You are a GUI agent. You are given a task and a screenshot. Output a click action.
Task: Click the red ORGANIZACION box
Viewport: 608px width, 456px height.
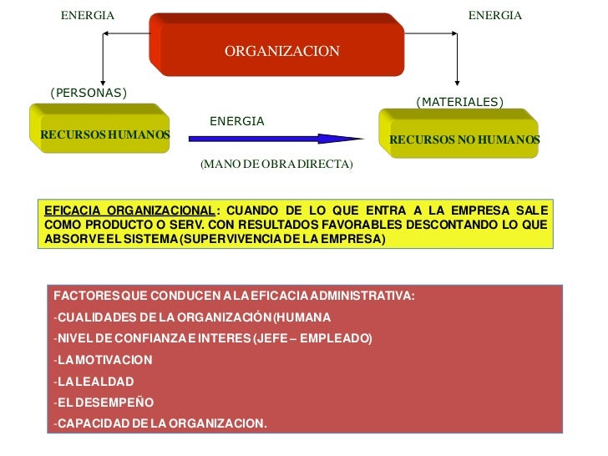281,51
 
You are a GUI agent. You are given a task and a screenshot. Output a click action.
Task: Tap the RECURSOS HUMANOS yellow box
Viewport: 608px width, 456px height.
104,134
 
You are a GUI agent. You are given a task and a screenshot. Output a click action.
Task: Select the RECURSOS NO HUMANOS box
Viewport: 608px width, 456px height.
464,139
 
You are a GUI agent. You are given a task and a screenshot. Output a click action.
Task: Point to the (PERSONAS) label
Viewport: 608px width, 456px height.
89,93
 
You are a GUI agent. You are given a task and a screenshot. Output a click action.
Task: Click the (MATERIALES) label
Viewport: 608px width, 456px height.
459,102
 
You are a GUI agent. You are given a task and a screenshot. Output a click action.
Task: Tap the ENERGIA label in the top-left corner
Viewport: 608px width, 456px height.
88,16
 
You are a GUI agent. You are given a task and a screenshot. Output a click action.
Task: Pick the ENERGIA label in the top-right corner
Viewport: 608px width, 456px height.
494,16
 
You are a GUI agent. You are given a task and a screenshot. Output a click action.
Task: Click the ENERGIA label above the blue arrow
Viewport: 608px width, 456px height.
236,122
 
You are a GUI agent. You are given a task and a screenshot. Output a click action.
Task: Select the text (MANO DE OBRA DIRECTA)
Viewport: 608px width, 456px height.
276,165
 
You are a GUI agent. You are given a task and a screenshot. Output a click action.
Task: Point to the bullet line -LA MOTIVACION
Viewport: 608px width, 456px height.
103,360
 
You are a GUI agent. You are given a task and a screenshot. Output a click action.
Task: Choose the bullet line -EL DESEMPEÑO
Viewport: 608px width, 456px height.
104,402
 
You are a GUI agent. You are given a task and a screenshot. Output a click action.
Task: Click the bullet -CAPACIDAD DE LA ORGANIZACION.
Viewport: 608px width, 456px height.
160,423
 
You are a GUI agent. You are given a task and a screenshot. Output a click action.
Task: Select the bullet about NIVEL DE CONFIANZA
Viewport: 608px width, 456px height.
213,338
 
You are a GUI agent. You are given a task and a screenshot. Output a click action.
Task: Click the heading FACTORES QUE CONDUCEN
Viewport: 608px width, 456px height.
234,296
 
